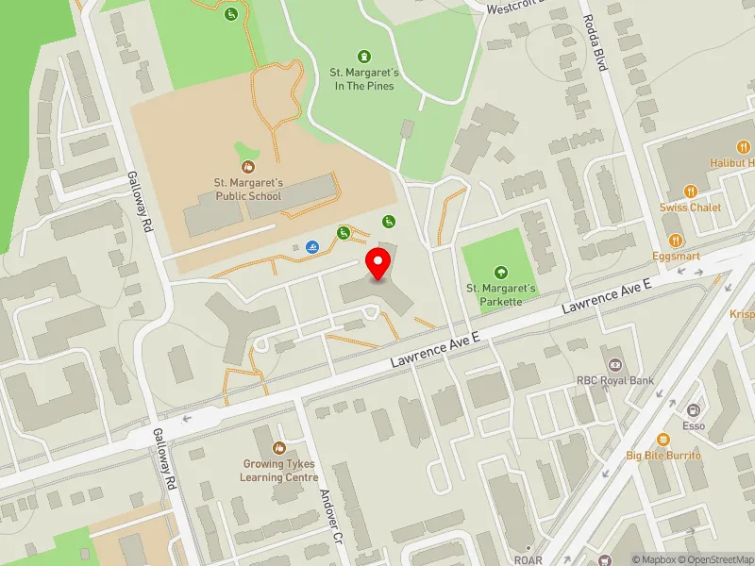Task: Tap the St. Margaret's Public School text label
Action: coord(247,189)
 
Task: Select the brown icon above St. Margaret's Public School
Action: coord(247,166)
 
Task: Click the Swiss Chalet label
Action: coord(690,208)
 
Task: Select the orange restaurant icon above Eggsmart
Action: coord(675,240)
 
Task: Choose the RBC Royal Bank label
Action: coord(615,381)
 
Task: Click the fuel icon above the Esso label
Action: coord(694,410)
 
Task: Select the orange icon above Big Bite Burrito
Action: coord(663,438)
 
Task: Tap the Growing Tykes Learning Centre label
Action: coord(279,471)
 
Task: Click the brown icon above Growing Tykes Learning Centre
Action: coord(278,447)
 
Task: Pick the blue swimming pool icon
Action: coord(310,248)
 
